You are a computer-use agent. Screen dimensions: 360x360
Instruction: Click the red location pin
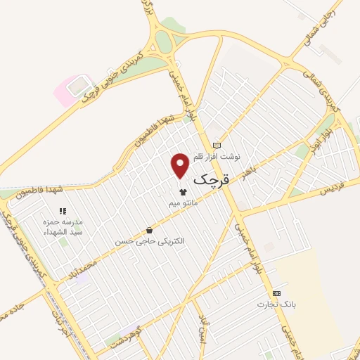pyautogui.click(x=181, y=164)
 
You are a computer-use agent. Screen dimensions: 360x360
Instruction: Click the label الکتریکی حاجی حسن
pyautogui.click(x=150, y=241)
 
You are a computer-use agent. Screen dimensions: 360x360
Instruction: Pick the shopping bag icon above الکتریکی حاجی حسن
pyautogui.click(x=149, y=230)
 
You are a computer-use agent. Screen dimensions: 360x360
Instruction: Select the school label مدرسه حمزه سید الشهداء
pyautogui.click(x=63, y=227)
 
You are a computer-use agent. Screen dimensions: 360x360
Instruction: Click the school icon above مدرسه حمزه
pyautogui.click(x=63, y=210)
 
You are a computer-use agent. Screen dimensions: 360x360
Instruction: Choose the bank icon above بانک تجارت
pyautogui.click(x=276, y=293)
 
